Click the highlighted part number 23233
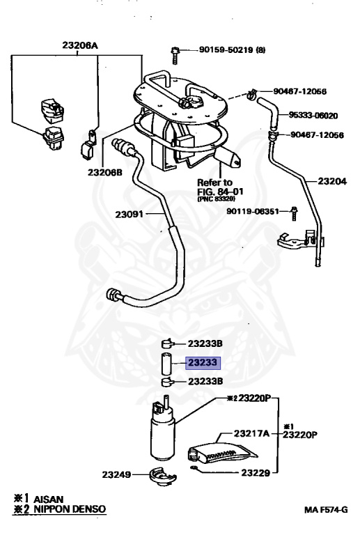[203, 363]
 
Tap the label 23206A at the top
[80, 45]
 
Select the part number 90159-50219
[226, 50]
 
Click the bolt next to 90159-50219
[175, 56]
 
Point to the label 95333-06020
[313, 116]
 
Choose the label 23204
[332, 181]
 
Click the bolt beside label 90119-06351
[295, 213]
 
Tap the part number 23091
[129, 215]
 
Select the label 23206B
[104, 172]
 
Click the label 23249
[116, 474]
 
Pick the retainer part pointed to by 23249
[162, 476]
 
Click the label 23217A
[251, 433]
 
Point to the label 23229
[256, 472]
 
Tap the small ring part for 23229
[194, 468]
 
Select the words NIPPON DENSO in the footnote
[70, 509]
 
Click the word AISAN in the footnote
[49, 499]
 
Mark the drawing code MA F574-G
[326, 510]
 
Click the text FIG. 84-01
[220, 192]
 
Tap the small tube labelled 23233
[166, 364]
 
